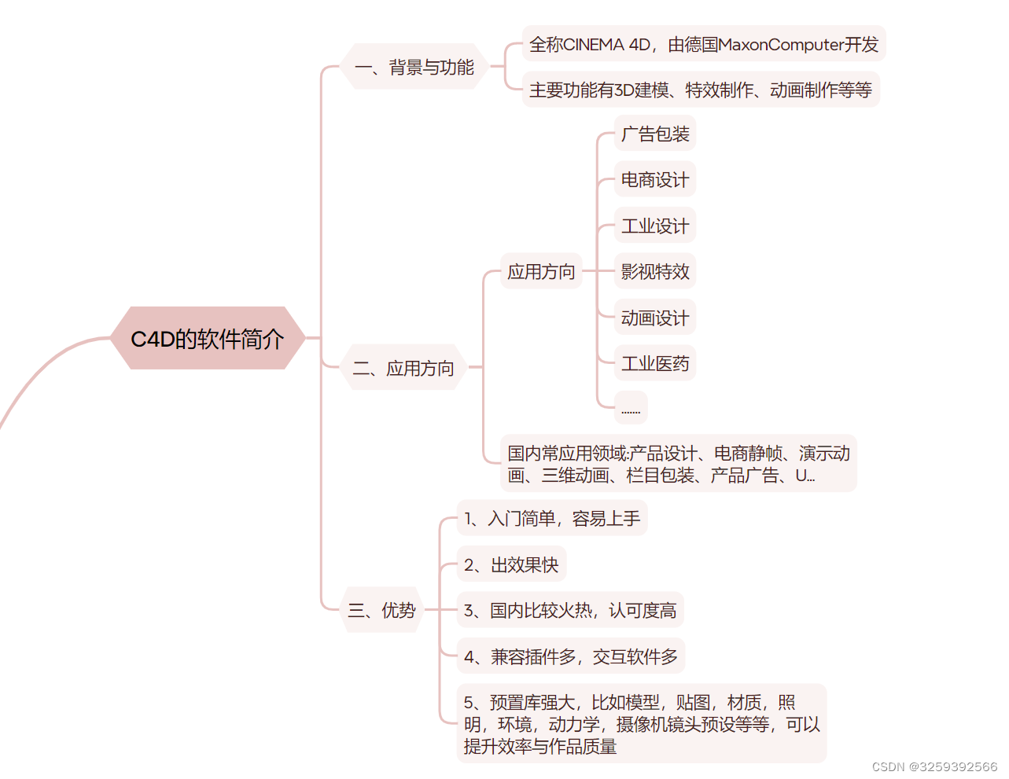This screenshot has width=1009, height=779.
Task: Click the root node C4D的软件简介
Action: pyautogui.click(x=208, y=339)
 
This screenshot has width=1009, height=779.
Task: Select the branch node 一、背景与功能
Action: pyautogui.click(x=414, y=68)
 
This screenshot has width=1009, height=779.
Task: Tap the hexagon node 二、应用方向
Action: pyautogui.click(x=403, y=368)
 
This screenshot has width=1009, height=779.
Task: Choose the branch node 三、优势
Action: pyautogui.click(x=382, y=610)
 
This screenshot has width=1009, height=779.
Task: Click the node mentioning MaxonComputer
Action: pyautogui.click(x=703, y=45)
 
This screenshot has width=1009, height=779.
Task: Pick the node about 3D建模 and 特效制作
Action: pyautogui.click(x=700, y=90)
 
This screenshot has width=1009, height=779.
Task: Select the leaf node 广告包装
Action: pyautogui.click(x=654, y=134)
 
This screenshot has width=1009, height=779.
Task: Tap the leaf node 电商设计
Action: pyautogui.click(x=654, y=180)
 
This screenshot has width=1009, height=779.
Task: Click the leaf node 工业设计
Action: pyautogui.click(x=654, y=226)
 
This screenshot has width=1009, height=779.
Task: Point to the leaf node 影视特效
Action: pyautogui.click(x=654, y=272)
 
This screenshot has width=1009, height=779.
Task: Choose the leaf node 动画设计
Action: pyautogui.click(x=654, y=318)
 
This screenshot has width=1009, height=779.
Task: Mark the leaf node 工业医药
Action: pyautogui.click(x=654, y=364)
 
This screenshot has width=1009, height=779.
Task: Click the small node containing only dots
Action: pyautogui.click(x=631, y=409)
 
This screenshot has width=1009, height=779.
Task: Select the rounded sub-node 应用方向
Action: pyautogui.click(x=541, y=272)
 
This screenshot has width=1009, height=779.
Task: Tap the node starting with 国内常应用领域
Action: pyautogui.click(x=678, y=464)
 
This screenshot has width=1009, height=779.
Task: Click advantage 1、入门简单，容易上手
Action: pyautogui.click(x=552, y=519)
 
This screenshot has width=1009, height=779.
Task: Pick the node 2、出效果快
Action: pyautogui.click(x=511, y=565)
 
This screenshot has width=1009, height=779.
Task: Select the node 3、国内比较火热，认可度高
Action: pyautogui.click(x=570, y=611)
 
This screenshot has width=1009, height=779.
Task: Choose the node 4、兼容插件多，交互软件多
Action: pyautogui.click(x=571, y=656)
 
